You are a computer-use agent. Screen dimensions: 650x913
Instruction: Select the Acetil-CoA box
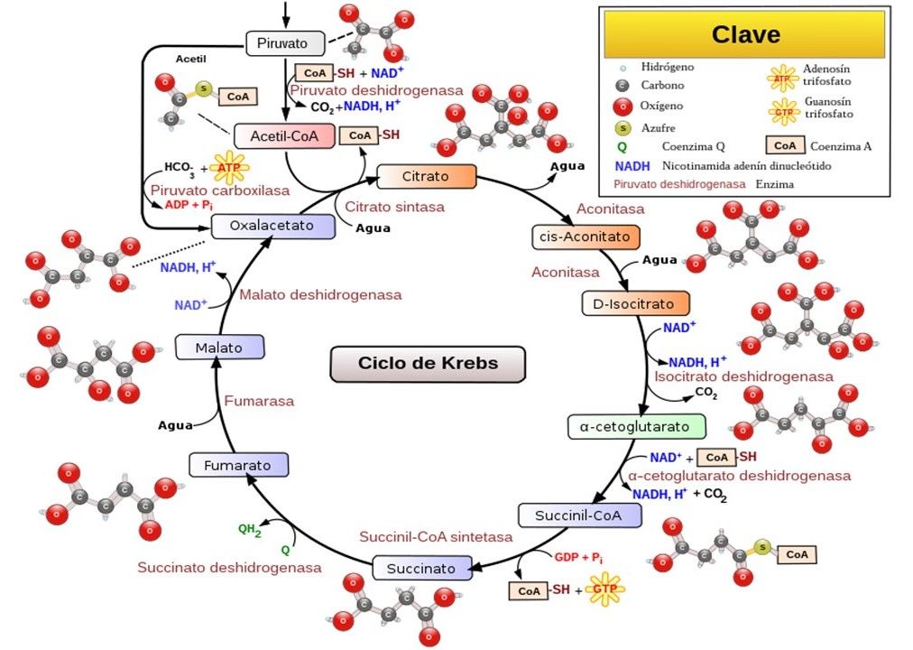point(284,136)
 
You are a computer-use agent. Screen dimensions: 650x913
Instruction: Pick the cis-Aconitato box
point(586,237)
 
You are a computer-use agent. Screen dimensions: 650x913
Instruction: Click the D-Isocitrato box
point(634,302)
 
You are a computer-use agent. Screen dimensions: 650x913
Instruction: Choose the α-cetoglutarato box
point(636,426)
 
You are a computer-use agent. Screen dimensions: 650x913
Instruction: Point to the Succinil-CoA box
point(580,515)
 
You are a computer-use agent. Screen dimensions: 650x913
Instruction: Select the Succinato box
point(421,569)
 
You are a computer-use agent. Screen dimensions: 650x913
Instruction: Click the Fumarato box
point(238,466)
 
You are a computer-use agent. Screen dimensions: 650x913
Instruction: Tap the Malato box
point(220,347)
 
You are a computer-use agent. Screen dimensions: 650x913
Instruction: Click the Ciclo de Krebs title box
point(427,364)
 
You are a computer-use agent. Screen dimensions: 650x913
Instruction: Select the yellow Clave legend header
point(745,35)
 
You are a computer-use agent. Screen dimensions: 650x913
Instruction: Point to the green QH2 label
point(249,530)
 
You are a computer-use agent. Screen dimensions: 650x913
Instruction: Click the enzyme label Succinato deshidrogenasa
point(229,568)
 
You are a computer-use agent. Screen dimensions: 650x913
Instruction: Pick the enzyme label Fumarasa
point(259,401)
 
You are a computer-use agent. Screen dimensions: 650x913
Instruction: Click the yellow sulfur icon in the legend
point(618,127)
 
